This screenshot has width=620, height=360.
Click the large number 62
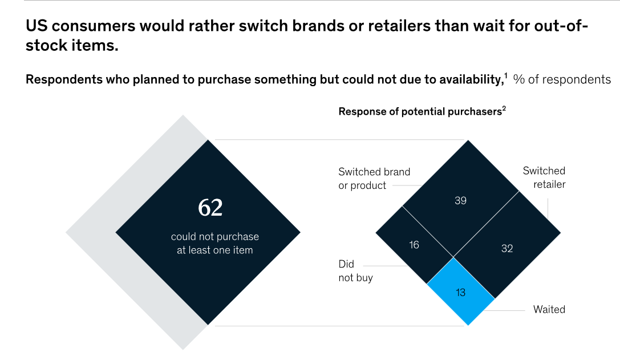[210, 208]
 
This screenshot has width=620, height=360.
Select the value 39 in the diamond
[461, 200]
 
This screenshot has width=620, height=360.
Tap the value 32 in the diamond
[507, 248]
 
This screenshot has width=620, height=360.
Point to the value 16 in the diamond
[414, 245]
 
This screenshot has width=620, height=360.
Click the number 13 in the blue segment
[461, 293]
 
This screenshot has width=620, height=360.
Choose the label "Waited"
[549, 310]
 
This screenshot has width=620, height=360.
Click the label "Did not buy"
[355, 271]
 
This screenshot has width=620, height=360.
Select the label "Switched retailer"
[544, 177]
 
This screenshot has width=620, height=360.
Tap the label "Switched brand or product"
[374, 178]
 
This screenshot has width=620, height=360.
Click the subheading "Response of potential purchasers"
[420, 112]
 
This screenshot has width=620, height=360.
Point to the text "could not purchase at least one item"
[215, 243]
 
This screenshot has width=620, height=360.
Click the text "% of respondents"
[562, 80]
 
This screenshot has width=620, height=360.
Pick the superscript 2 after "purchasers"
[504, 108]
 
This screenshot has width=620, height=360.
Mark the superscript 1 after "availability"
[505, 76]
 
